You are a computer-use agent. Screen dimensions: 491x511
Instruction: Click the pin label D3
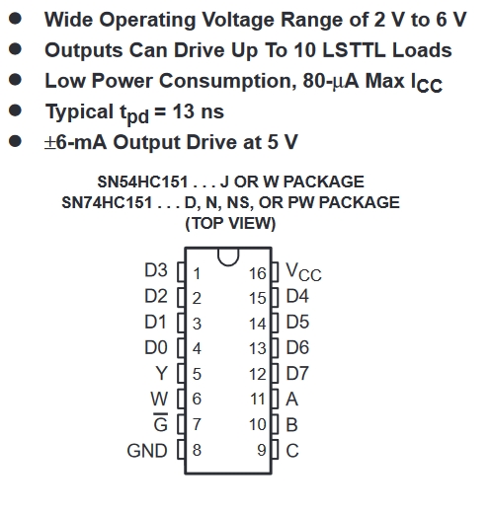(156, 270)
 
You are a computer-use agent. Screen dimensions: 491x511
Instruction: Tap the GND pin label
(147, 451)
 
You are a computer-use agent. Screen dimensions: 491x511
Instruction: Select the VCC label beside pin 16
(303, 272)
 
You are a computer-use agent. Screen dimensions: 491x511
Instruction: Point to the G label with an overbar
(160, 422)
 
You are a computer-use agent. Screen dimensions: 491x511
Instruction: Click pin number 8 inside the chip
(197, 450)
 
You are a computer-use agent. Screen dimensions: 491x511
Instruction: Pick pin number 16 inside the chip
(257, 273)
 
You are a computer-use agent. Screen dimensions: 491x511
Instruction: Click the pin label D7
(297, 374)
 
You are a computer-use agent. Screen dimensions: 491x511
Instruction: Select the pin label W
(159, 399)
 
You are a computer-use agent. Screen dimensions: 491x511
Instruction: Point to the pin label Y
(161, 373)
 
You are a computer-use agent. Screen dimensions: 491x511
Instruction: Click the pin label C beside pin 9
(292, 451)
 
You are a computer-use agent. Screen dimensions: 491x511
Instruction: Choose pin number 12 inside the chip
(257, 374)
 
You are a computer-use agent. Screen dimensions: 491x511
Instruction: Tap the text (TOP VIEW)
(230, 224)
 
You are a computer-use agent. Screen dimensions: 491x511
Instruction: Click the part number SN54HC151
(142, 182)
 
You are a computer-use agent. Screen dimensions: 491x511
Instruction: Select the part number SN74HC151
(107, 202)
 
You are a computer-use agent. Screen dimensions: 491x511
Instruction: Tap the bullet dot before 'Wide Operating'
(15, 19)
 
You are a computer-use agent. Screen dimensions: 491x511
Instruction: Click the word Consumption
(228, 82)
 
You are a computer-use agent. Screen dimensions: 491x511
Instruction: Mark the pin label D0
(156, 347)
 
